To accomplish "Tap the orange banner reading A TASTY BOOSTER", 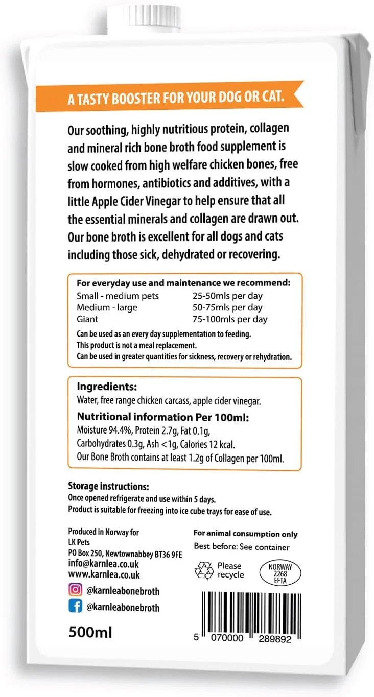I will [176, 98].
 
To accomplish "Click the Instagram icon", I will [75, 590].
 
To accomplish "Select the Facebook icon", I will [75, 607].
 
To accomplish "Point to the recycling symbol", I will [204, 570].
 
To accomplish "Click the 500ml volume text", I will [90, 632].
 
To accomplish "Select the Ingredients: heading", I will [107, 387].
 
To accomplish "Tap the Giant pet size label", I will [87, 319].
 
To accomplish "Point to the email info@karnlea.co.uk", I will [103, 564].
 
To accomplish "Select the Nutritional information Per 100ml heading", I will [162, 418].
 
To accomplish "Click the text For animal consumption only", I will [245, 534].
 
